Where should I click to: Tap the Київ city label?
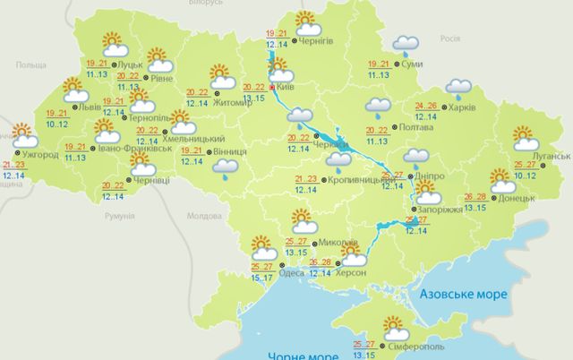(286, 88)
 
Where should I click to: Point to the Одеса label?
(289, 274)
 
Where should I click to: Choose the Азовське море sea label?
(463, 294)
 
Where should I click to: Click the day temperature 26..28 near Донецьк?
(476, 197)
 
